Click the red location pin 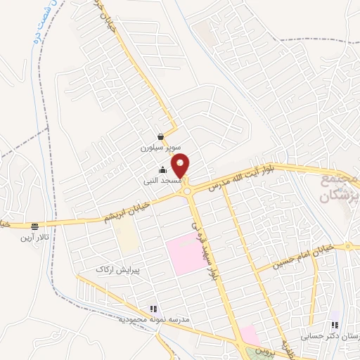pos(181,165)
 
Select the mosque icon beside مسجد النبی pos(163,169)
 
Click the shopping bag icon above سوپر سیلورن pos(161,136)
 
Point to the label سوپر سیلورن pos(154,148)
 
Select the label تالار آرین pos(34,238)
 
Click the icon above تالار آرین pos(34,226)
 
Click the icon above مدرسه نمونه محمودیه pos(153,309)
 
